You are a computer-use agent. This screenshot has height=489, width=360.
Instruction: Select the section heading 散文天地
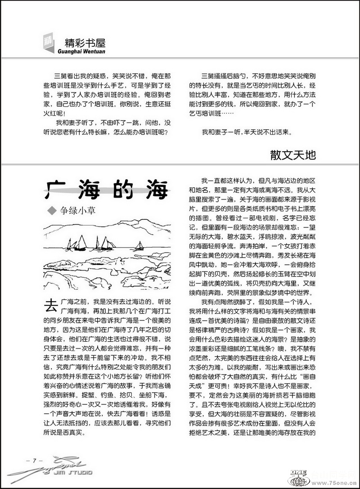[x=293, y=155]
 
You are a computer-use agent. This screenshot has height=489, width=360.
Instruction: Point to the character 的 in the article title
[x=121, y=189]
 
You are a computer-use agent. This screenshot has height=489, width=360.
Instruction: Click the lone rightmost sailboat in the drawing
[x=139, y=246]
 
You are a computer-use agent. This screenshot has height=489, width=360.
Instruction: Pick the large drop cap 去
[x=50, y=306]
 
